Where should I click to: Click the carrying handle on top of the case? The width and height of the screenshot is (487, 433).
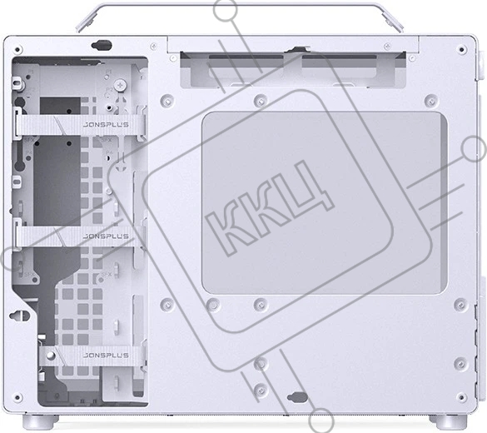pos(239,5)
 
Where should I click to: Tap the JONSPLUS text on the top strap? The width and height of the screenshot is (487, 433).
pos(106,125)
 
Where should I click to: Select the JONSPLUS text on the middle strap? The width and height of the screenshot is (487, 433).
pos(106,236)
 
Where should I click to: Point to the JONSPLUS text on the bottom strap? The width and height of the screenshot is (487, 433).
pos(106,355)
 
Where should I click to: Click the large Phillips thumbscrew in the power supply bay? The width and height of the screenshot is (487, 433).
pos(121,86)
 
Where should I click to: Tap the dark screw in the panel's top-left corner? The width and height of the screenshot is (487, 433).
pos(17,50)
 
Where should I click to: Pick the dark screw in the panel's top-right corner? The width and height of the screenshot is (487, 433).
pos(462,50)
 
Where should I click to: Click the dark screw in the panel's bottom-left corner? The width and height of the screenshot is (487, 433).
pos(17,397)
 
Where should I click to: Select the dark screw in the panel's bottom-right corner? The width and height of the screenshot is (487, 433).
pos(462,397)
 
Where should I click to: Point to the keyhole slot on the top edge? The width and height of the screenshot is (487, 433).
pos(102,45)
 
